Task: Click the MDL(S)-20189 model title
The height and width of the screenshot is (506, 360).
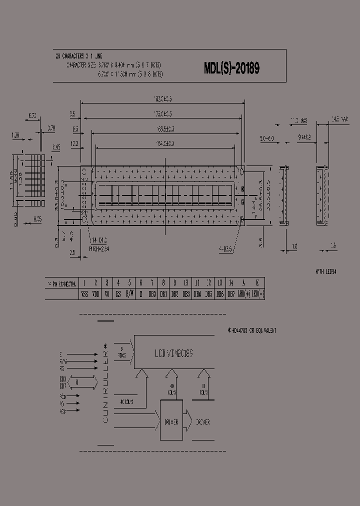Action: pos(231,68)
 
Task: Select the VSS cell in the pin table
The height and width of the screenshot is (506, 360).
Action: pos(84,294)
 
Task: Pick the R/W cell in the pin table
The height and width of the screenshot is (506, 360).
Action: pos(129,294)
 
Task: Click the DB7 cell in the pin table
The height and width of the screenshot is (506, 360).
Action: pos(231,294)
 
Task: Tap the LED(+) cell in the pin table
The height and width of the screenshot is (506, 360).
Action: pos(243,294)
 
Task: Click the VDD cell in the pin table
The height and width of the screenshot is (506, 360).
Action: pos(95,294)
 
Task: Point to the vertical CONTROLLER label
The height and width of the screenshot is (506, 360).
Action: pos(105,384)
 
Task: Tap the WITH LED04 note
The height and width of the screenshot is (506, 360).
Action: pos(326,272)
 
